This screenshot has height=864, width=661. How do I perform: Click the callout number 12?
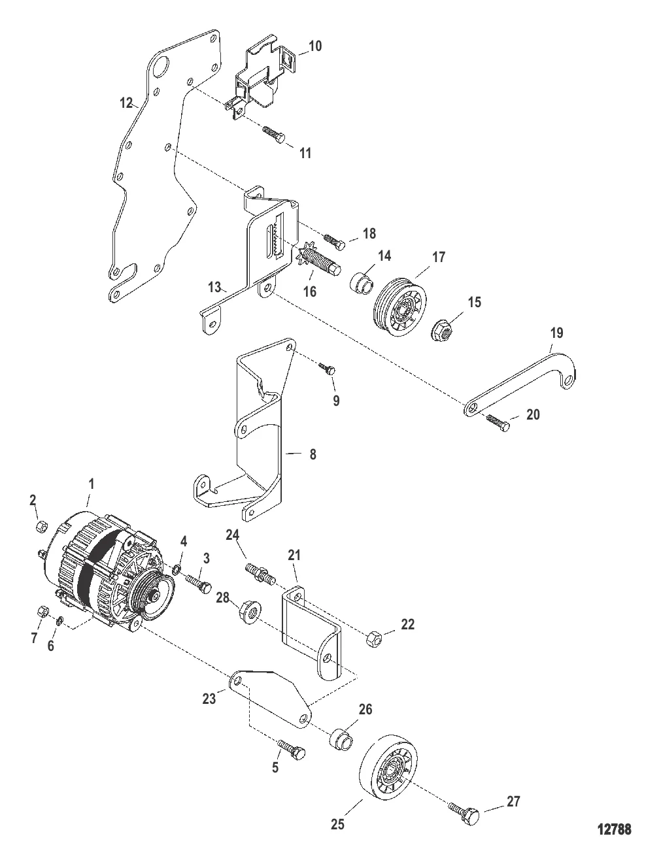click(x=126, y=103)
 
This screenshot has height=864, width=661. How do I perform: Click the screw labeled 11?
click(x=273, y=135)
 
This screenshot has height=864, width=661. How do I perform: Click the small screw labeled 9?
click(x=328, y=369)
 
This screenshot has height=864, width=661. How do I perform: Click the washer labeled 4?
click(x=177, y=569)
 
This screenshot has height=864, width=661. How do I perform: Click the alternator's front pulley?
click(x=152, y=597)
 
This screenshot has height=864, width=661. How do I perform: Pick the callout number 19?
click(x=556, y=333)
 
